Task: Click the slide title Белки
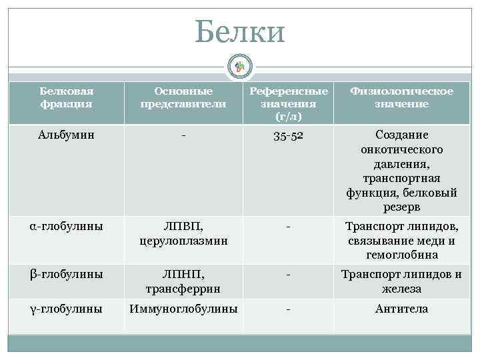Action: (x=240, y=31)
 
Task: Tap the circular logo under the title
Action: (x=240, y=65)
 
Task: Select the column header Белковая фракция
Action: (x=66, y=97)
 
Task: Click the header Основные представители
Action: (x=183, y=97)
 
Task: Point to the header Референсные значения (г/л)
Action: (x=289, y=104)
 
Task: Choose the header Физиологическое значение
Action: (x=401, y=97)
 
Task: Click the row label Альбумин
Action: (x=66, y=135)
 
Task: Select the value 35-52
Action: (x=289, y=135)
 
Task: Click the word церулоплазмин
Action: (x=183, y=241)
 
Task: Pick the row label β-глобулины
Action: (x=66, y=273)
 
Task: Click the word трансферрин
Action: (x=183, y=289)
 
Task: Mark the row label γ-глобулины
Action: (x=66, y=309)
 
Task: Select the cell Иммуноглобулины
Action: (x=183, y=309)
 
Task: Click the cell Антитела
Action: (x=401, y=309)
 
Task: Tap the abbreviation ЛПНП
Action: (x=183, y=274)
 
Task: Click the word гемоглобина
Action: (x=401, y=255)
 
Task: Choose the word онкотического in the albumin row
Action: (x=401, y=149)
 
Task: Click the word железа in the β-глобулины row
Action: (x=401, y=289)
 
